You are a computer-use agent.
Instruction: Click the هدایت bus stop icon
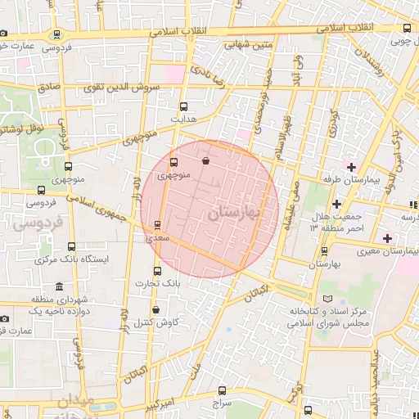pos(182,106)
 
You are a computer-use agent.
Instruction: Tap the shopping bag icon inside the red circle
pos(205,160)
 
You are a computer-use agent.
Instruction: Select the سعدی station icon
pos(158,225)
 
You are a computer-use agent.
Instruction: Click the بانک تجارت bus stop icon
pos(158,271)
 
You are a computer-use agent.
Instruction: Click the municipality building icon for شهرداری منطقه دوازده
pos(60,287)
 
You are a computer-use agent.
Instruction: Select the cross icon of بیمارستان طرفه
pos(352,167)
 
